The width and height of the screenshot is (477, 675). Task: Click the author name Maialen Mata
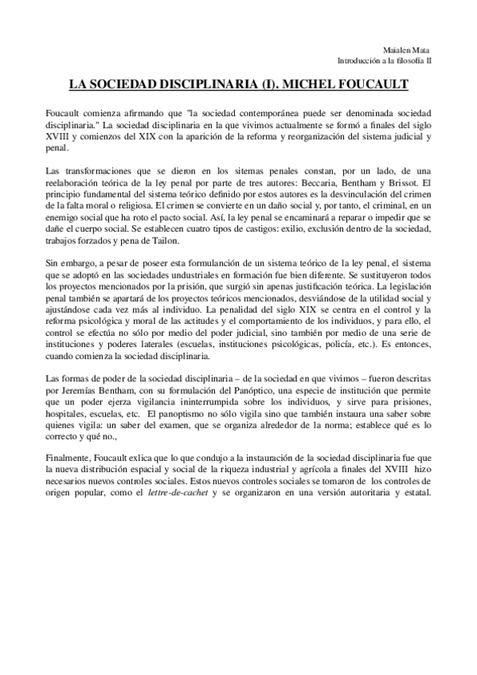point(412,49)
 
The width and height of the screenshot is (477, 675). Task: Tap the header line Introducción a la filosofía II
point(385,60)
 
